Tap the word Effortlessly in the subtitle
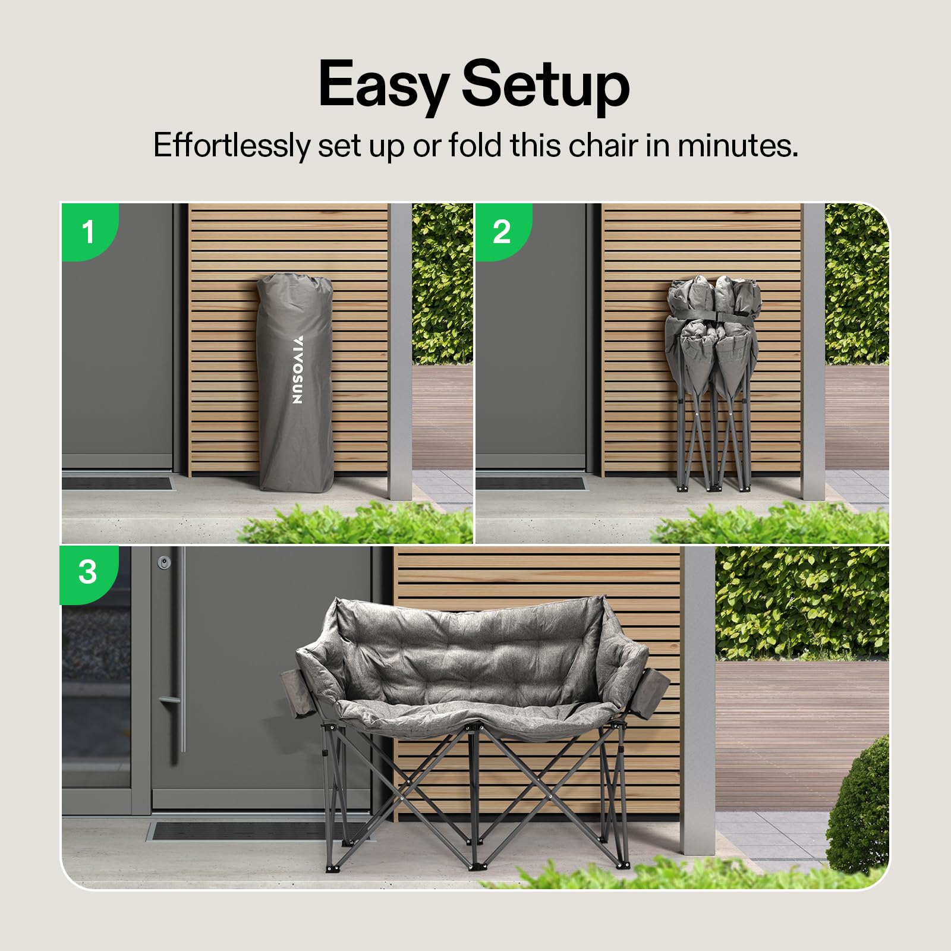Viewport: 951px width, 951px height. coord(232,145)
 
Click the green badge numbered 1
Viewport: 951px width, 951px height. coord(89,231)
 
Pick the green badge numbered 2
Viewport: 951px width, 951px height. coord(502,231)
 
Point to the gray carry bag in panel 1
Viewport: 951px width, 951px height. coord(295,382)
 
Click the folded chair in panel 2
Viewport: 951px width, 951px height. coord(713,383)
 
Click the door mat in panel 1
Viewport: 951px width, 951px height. coord(117,482)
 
